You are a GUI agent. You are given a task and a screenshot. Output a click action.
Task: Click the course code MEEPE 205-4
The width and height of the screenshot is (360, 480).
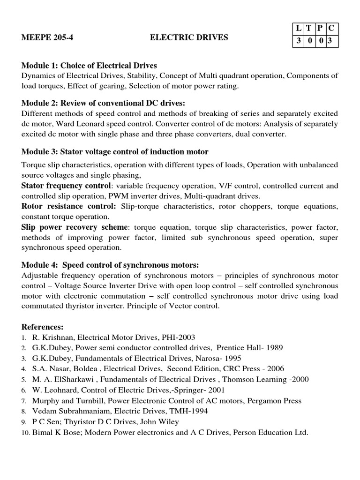pyautogui.click(x=47, y=37)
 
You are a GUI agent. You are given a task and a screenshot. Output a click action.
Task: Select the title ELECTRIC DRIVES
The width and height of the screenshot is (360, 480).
pyautogui.click(x=189, y=37)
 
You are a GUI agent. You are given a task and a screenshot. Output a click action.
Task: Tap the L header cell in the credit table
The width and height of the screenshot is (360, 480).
pyautogui.click(x=299, y=29)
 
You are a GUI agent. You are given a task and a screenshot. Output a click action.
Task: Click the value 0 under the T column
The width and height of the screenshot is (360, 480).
pyautogui.click(x=309, y=41)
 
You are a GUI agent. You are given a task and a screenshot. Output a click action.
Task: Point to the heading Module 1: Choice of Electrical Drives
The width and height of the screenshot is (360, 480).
pyautogui.click(x=89, y=65)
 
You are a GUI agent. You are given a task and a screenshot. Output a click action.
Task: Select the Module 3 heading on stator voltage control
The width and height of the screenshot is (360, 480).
pyautogui.click(x=115, y=151)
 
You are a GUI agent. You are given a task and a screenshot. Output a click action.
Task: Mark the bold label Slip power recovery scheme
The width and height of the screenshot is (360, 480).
pyautogui.click(x=74, y=227)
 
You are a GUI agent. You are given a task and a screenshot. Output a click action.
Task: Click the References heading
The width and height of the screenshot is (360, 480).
pyautogui.click(x=42, y=326)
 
